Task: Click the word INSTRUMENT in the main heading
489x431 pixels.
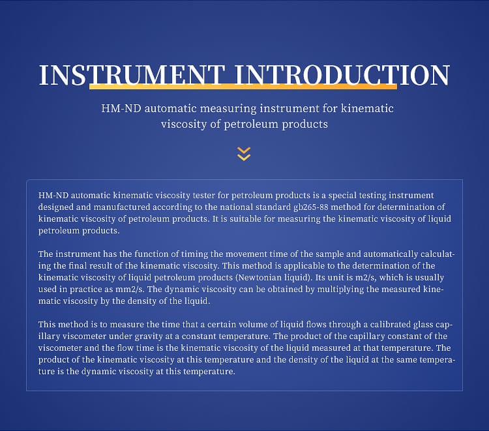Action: tap(132, 75)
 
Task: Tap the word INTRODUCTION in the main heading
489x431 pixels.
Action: tap(342, 75)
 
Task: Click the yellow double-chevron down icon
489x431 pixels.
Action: tap(244, 154)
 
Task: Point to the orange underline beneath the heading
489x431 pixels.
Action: tap(243, 86)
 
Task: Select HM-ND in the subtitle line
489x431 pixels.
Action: tap(121, 108)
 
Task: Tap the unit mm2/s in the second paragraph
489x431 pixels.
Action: tap(130, 290)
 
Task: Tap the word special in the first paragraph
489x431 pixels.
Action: tap(342, 196)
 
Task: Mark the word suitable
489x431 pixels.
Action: tap(245, 219)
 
